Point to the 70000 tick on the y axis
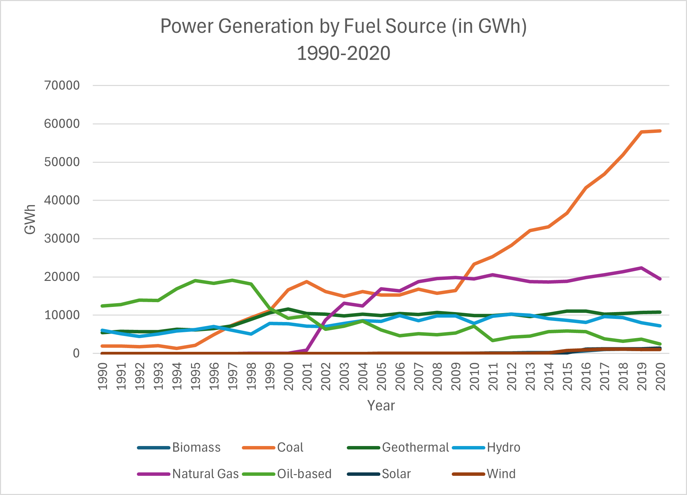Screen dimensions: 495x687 62,85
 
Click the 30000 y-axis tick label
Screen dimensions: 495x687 62,238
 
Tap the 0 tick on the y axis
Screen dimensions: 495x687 76,353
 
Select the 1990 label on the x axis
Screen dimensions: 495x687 103,376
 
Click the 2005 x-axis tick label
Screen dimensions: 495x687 381,376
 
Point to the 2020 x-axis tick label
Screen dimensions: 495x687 660,376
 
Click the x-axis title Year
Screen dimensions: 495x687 381,406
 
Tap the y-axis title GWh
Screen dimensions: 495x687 30,219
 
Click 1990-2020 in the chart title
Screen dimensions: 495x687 343,53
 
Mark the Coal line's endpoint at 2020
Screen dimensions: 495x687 660,131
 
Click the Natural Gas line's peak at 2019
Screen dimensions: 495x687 641,268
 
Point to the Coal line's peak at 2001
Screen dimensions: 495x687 306,282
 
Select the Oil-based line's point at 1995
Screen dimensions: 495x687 195,281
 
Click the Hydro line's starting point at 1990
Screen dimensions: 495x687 102,330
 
